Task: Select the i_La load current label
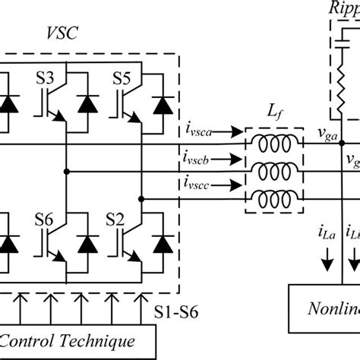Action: pyautogui.click(x=327, y=232)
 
